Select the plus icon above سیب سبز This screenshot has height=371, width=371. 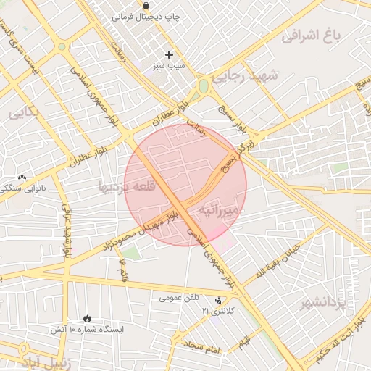[x=169, y=54]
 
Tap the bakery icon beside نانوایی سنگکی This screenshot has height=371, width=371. [x=22, y=177]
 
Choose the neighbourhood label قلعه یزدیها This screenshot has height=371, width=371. [x=125, y=187]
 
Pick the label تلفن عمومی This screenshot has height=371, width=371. [x=179, y=297]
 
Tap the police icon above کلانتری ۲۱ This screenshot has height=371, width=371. [x=219, y=300]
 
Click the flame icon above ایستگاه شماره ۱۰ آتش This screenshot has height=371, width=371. [x=87, y=318]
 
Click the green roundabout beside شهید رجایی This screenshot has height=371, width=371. [x=204, y=86]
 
